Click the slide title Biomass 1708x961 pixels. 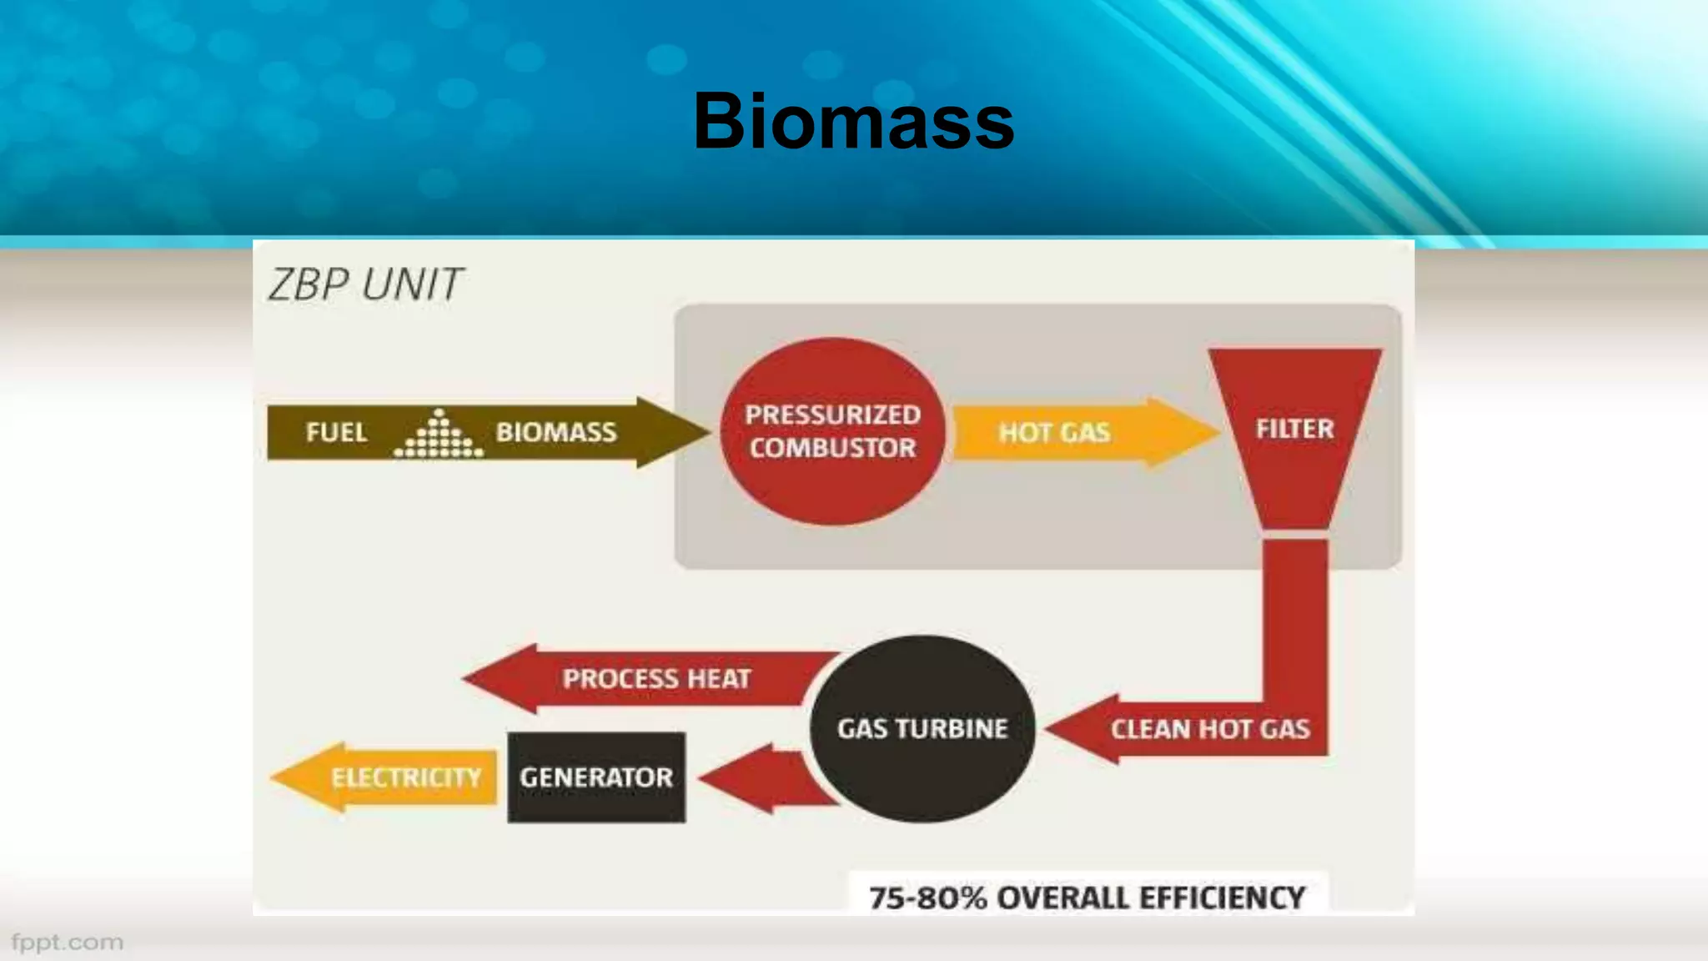coord(853,122)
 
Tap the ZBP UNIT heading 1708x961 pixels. coord(365,284)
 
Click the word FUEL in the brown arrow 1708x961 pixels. coord(336,432)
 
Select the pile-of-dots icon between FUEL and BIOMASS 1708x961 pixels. coord(439,435)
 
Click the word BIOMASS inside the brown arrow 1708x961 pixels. coord(556,432)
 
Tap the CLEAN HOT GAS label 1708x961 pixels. coord(1210,729)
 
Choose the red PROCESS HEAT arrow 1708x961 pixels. coord(656,678)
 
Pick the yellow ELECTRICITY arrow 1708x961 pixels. coord(392,777)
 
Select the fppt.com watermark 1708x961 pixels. coord(67,943)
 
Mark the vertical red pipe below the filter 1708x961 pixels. coord(1294,617)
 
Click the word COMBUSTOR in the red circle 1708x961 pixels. coord(832,448)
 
